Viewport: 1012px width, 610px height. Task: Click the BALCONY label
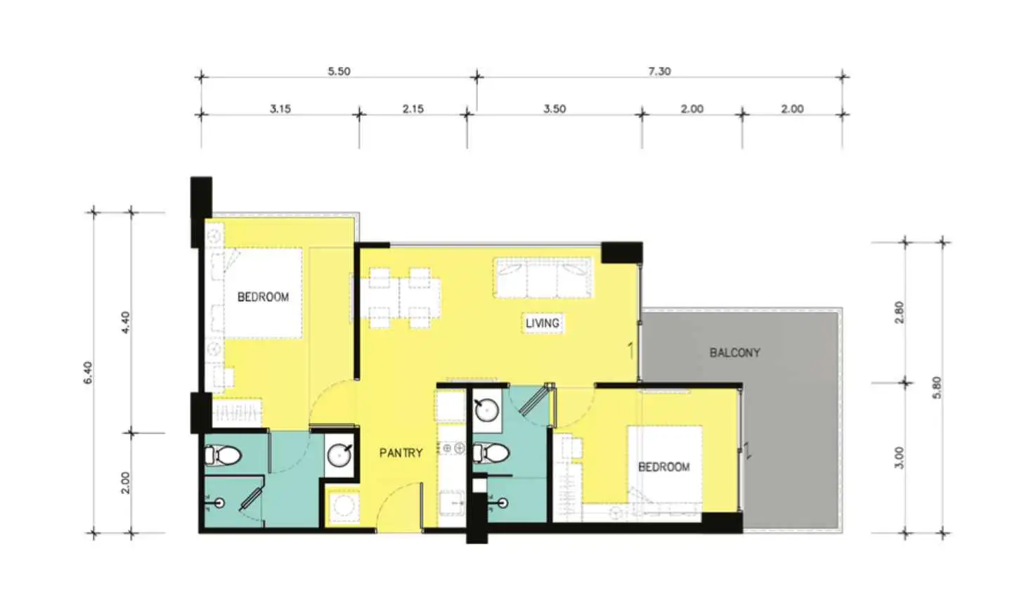(734, 353)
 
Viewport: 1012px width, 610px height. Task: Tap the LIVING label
(542, 323)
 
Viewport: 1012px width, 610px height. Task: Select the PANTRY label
(401, 453)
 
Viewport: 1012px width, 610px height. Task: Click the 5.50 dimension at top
(339, 72)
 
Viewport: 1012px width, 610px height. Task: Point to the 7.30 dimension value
(660, 72)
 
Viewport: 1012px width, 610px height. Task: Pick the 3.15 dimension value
(280, 109)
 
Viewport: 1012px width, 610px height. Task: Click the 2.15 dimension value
(413, 109)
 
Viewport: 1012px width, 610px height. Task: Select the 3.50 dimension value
(554, 109)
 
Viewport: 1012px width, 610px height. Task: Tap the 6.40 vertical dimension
(88, 372)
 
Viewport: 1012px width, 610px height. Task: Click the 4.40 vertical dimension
(126, 323)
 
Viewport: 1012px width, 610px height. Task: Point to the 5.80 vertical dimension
(937, 388)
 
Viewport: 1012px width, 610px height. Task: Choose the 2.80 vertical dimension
(900, 312)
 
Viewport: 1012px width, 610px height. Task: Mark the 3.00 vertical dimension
(900, 457)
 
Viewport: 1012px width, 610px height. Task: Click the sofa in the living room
(543, 278)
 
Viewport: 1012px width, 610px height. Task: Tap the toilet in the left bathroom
(223, 455)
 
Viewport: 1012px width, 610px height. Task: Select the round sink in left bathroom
(339, 455)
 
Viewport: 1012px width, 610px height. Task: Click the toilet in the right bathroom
(491, 453)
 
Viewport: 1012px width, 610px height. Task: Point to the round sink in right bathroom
(486, 410)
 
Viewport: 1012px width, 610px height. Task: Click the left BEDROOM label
(263, 297)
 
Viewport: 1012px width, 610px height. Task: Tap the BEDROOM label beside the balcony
(663, 467)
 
